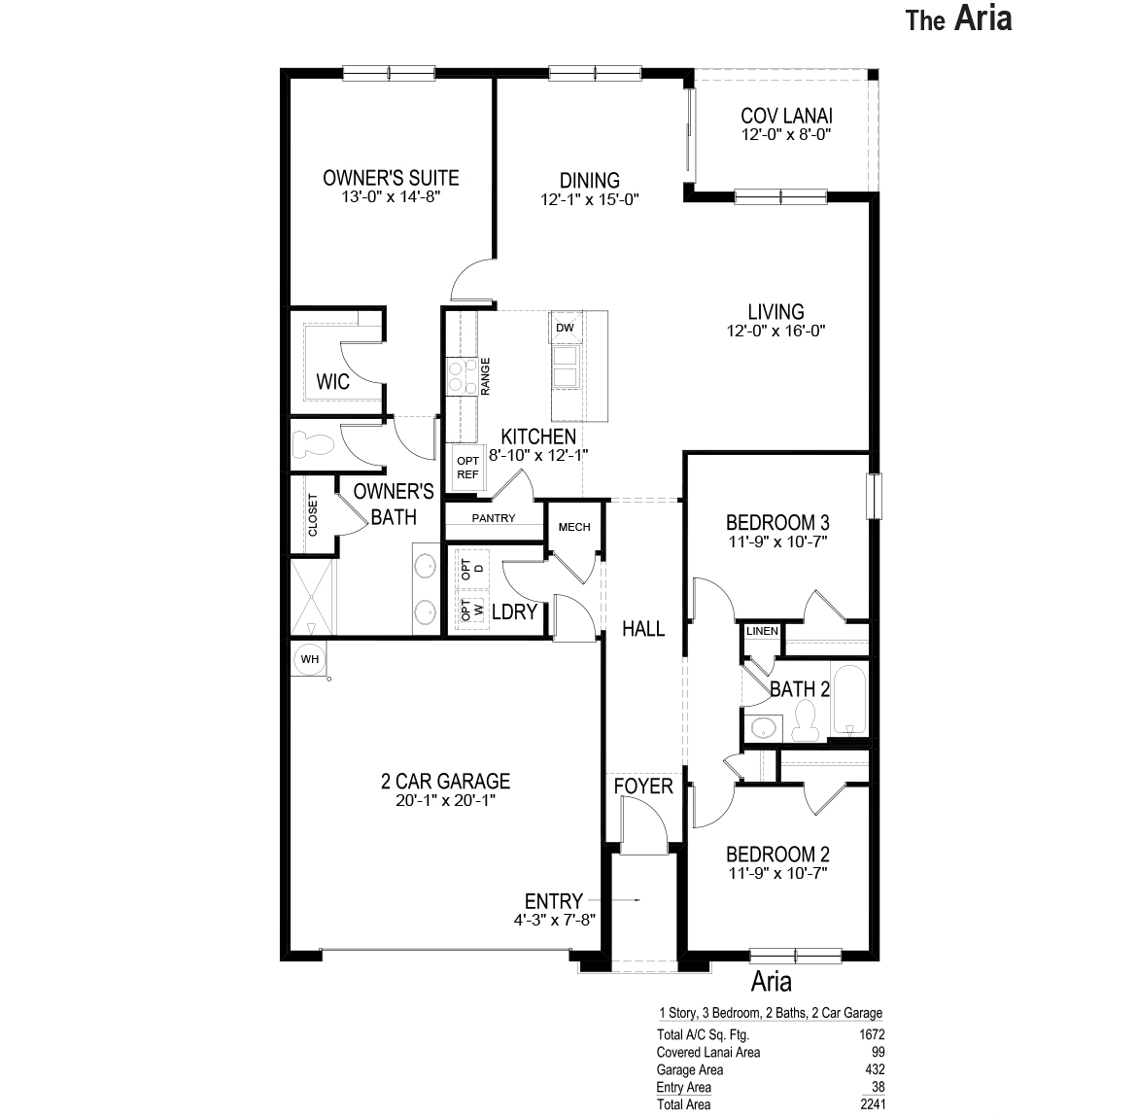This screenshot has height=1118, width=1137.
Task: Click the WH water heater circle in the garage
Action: [x=309, y=659]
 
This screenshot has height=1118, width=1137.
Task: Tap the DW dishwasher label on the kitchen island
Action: [x=565, y=328]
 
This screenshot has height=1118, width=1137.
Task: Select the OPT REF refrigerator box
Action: [x=467, y=468]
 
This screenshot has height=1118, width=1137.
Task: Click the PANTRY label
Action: [x=494, y=518]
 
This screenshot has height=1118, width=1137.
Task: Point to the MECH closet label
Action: [x=574, y=527]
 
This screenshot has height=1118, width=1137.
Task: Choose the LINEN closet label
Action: [x=762, y=631]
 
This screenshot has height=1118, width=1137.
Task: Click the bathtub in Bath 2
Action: [x=850, y=700]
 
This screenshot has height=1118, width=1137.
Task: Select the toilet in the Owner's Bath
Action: [x=312, y=444]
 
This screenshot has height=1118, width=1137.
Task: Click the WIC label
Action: [x=333, y=381]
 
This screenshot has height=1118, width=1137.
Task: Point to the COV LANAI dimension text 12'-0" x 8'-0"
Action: [x=786, y=135]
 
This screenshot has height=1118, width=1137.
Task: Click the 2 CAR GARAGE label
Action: [x=445, y=781]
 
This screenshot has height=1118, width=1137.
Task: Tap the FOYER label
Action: [x=643, y=786]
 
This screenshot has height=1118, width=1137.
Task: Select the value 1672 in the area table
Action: [x=871, y=1035]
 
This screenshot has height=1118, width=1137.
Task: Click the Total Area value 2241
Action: [x=871, y=1104]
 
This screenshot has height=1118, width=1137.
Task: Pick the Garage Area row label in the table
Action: [x=690, y=1069]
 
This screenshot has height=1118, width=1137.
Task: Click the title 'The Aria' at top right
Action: [x=959, y=19]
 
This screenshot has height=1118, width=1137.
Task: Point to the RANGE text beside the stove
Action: [x=485, y=376]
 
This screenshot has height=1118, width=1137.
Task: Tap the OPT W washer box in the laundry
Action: [x=473, y=611]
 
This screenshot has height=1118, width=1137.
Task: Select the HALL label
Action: [x=643, y=629]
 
